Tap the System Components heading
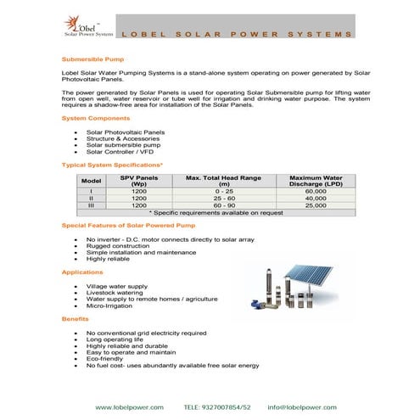(96, 118)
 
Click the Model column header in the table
(91, 182)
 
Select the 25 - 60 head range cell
(225, 199)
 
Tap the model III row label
(91, 205)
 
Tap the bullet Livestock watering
(121, 293)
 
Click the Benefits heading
(76, 318)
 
